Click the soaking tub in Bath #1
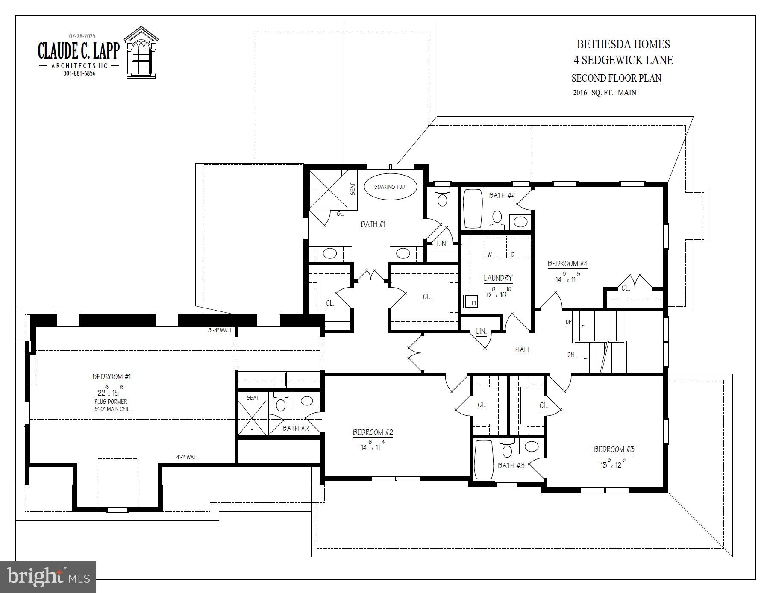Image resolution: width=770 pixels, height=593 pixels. click(x=390, y=187)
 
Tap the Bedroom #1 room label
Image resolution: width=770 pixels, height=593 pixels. click(x=112, y=377)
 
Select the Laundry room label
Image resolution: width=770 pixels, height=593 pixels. click(x=498, y=278)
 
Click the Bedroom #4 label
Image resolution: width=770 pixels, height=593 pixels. click(x=568, y=264)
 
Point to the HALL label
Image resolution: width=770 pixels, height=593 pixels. click(x=522, y=350)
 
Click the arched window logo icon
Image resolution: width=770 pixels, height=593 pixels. click(x=141, y=53)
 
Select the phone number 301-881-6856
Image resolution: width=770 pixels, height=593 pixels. click(x=79, y=73)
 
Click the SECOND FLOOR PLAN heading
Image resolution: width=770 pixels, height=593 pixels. click(x=616, y=79)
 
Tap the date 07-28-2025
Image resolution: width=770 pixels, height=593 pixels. click(x=82, y=36)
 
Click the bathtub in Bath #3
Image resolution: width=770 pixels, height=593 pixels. click(x=484, y=460)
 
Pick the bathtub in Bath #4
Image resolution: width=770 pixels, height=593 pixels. click(x=473, y=209)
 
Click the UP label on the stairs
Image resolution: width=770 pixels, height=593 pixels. click(x=568, y=322)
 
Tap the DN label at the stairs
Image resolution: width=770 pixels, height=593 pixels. click(x=570, y=355)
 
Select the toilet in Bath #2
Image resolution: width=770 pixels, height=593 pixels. click(x=281, y=403)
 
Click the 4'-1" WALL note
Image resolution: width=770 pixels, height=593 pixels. click(x=187, y=457)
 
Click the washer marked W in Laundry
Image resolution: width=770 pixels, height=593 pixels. click(x=495, y=247)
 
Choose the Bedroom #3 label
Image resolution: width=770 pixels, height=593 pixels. click(x=614, y=449)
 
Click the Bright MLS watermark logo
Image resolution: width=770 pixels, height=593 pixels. click(x=48, y=577)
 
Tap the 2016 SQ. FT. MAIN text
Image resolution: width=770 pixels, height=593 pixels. click(x=604, y=93)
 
